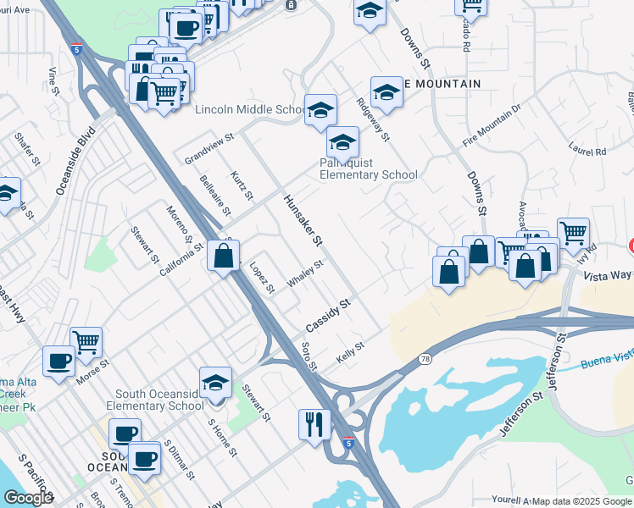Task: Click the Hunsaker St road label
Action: [303, 218]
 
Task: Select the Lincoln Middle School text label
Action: [252, 110]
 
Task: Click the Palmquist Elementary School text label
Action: [368, 168]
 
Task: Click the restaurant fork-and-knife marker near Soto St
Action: [314, 423]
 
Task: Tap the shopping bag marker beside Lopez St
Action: [223, 257]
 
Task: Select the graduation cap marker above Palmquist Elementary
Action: [343, 141]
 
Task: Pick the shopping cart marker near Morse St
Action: [86, 342]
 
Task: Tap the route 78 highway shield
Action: [424, 360]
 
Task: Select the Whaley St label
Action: [305, 274]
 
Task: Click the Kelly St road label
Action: [349, 353]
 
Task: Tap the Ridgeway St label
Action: [372, 119]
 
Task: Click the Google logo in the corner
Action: [28, 498]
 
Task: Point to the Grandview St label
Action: [209, 147]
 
